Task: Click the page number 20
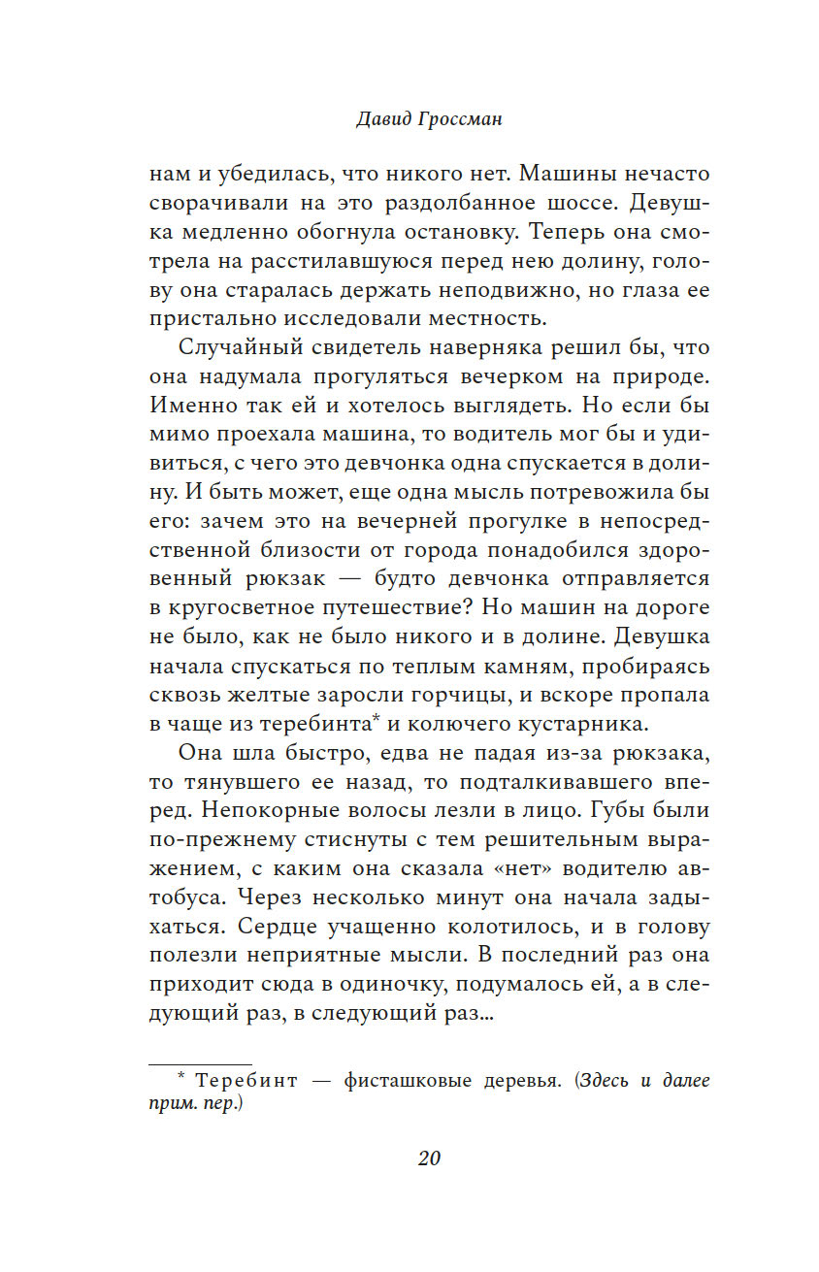point(429,1158)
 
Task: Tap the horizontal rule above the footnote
point(200,1065)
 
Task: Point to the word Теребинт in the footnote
point(231,1080)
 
